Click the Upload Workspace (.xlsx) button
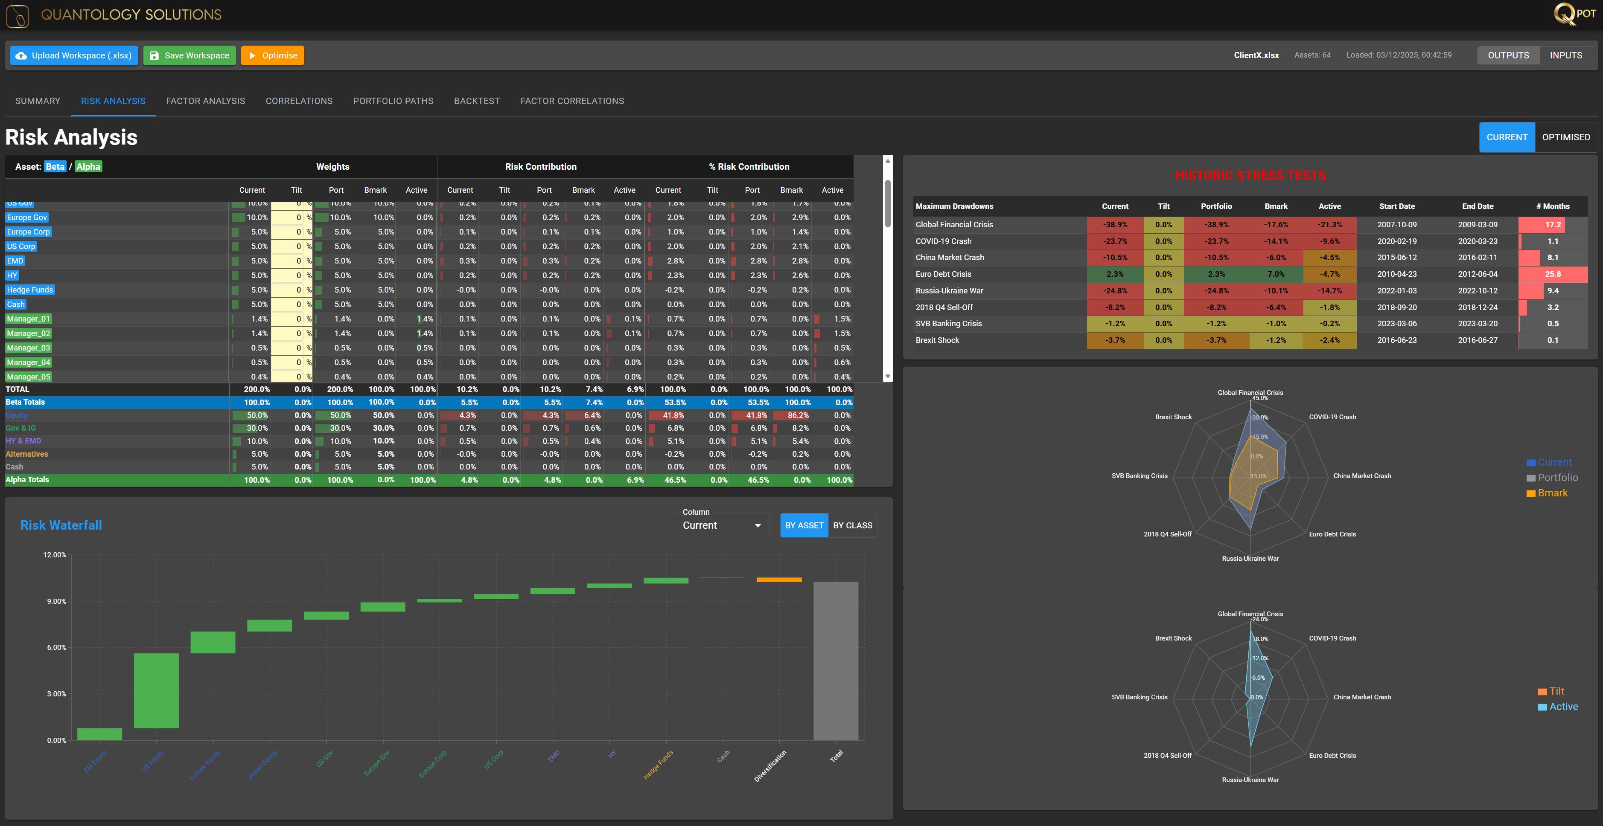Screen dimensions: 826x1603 (x=74, y=55)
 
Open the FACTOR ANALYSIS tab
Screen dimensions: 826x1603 (x=205, y=101)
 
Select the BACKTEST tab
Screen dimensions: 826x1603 (x=477, y=101)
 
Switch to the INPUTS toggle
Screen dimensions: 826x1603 (x=1566, y=55)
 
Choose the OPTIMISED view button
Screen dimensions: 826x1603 (x=1566, y=137)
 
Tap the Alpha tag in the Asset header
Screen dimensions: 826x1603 (x=88, y=167)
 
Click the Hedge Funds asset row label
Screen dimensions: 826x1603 (x=30, y=290)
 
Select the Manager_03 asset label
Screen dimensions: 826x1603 (x=29, y=348)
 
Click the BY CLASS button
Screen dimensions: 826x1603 (x=853, y=526)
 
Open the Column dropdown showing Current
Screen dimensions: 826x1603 (x=721, y=526)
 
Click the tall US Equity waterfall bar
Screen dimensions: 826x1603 (x=156, y=690)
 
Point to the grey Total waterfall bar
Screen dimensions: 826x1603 (x=836, y=661)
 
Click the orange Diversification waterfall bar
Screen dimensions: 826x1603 (x=779, y=580)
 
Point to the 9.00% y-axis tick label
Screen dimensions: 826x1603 (x=56, y=601)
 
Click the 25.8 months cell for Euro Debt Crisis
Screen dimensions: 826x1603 (x=1553, y=274)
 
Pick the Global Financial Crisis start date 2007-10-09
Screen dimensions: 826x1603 (x=1396, y=225)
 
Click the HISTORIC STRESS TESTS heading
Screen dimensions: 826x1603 (x=1250, y=176)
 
